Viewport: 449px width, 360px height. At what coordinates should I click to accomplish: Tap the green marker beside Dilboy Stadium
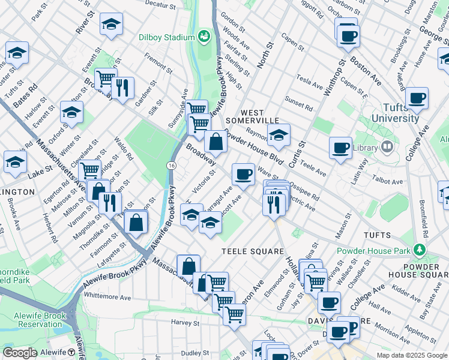point(204,36)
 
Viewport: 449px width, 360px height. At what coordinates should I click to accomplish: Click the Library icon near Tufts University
point(387,146)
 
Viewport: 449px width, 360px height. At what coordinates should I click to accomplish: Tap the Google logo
point(20,353)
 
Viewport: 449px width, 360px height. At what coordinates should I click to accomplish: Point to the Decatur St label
point(159,5)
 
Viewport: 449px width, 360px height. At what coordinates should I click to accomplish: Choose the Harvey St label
point(187,323)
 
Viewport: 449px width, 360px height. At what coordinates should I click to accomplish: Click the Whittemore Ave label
point(107,296)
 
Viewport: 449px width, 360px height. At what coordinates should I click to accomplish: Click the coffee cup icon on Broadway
point(243,174)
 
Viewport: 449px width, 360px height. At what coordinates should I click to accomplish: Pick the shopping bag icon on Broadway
point(215,142)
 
